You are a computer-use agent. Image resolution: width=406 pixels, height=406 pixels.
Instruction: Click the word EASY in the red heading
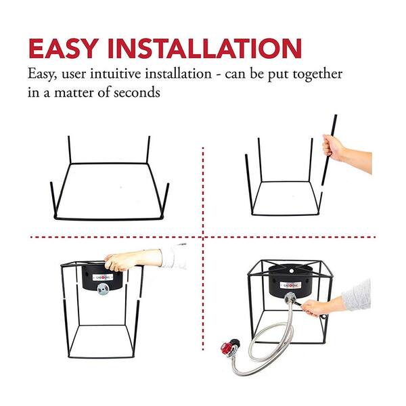tap(64, 49)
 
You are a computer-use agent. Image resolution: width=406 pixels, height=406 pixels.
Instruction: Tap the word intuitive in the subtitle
tap(116, 74)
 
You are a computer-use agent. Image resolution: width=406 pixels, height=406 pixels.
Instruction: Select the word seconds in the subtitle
tap(137, 93)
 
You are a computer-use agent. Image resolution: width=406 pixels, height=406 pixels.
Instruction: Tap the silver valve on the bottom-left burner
tap(103, 289)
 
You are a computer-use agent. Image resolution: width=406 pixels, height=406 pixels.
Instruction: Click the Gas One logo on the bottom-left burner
tap(103, 277)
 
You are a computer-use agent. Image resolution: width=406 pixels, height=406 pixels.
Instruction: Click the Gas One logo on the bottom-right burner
tap(290, 286)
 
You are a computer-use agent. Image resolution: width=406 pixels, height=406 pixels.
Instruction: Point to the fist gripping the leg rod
tap(332, 147)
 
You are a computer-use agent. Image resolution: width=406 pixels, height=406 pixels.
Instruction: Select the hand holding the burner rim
tap(118, 261)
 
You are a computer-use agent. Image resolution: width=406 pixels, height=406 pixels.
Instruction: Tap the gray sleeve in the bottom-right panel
tap(357, 295)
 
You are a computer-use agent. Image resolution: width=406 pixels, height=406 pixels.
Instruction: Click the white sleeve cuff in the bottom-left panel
tap(174, 256)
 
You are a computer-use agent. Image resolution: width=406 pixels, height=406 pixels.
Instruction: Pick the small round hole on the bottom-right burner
tap(292, 271)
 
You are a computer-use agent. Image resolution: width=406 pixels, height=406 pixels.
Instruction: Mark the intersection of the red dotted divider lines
tap(203, 237)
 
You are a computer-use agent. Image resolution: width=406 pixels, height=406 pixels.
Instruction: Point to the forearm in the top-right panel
tap(357, 160)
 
